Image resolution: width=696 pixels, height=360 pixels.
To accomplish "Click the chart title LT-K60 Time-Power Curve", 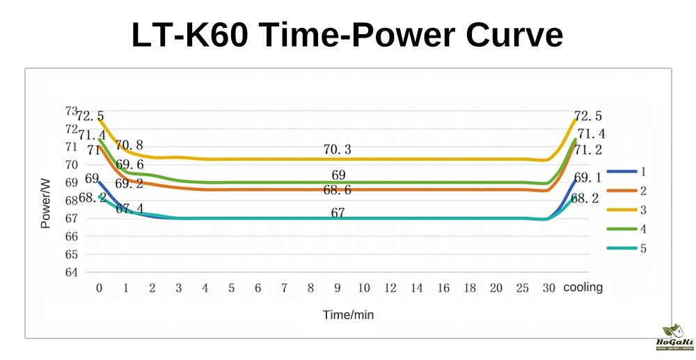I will (347, 35).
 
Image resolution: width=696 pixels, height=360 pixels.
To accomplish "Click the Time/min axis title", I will (348, 315).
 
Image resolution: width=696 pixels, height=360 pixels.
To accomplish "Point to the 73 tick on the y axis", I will (71, 111).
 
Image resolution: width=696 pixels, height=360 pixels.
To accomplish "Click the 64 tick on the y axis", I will (71, 272).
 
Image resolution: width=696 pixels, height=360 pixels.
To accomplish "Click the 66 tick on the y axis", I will (71, 236).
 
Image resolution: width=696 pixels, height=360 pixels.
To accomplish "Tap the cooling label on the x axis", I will (583, 288).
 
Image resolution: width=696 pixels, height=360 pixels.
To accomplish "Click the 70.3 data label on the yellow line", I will (338, 149).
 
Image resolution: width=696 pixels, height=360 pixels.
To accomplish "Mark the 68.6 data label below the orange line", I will (338, 191).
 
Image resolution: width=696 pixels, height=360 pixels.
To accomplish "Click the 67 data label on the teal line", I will (338, 213).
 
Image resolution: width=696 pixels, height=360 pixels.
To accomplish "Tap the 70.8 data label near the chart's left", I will (129, 146).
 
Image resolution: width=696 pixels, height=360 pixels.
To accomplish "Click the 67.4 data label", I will (129, 208).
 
